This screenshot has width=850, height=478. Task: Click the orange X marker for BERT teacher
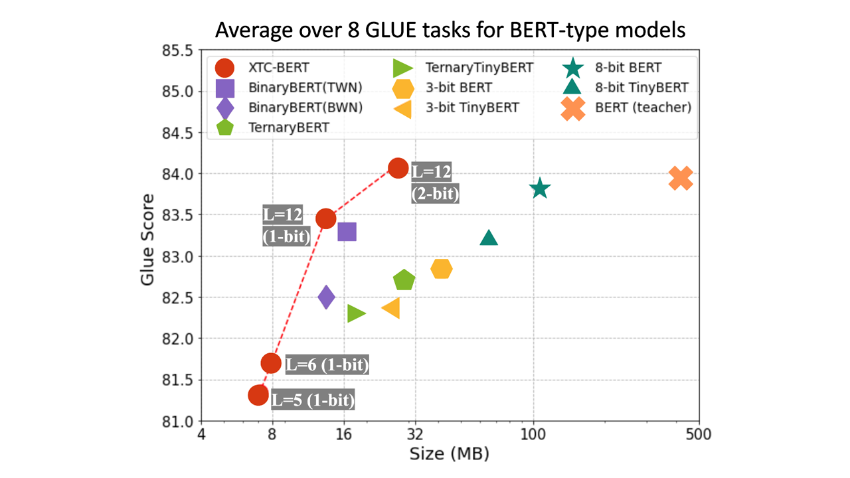click(x=681, y=178)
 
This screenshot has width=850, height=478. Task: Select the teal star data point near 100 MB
click(x=540, y=189)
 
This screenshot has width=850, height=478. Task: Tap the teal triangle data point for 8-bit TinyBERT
click(x=489, y=238)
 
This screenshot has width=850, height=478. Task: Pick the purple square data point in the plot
click(x=347, y=232)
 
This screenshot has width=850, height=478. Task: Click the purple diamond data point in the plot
click(x=326, y=297)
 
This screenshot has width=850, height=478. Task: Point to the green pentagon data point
click(x=404, y=280)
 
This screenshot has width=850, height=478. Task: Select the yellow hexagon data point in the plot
click(x=442, y=268)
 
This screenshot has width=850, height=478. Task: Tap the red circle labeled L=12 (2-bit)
click(x=398, y=168)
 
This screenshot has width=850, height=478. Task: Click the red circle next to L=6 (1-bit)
click(x=271, y=362)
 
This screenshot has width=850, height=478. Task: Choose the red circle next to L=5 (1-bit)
click(x=258, y=395)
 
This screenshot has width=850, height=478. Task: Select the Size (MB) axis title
click(x=449, y=454)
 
